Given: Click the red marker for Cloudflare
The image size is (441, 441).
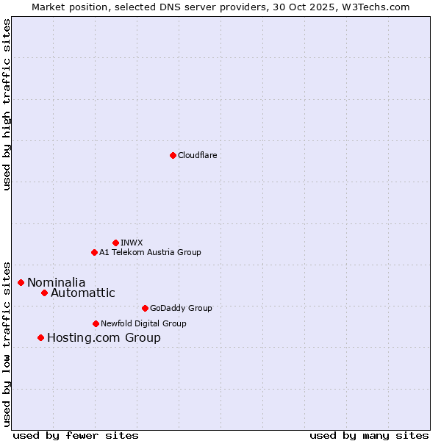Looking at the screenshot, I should (173, 155).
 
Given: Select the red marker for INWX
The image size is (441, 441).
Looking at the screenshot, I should (115, 243).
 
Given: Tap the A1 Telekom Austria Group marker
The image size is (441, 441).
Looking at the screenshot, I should (94, 252).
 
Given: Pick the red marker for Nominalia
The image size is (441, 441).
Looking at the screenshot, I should (21, 282).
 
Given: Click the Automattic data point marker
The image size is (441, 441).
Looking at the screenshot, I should (44, 293).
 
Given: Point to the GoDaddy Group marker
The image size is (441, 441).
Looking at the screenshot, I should (145, 308).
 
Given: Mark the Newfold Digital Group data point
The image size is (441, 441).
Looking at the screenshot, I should (96, 323).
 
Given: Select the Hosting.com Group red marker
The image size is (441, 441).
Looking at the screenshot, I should (40, 337).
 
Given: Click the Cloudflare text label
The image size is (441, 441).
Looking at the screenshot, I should (198, 155).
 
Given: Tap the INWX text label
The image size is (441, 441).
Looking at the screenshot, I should (132, 243).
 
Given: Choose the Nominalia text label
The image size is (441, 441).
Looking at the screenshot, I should (57, 282).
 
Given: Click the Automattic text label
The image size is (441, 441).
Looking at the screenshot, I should (83, 293).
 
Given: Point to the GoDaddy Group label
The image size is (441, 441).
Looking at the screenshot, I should (181, 308).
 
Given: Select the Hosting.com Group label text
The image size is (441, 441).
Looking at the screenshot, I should (104, 337).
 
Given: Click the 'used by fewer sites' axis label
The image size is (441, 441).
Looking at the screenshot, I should (76, 435).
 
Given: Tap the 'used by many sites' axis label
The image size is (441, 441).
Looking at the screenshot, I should (369, 435).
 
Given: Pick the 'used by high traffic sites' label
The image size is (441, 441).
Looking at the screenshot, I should (7, 104).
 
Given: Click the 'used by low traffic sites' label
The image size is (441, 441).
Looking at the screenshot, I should (7, 343).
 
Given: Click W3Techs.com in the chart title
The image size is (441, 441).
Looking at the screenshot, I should (379, 7).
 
